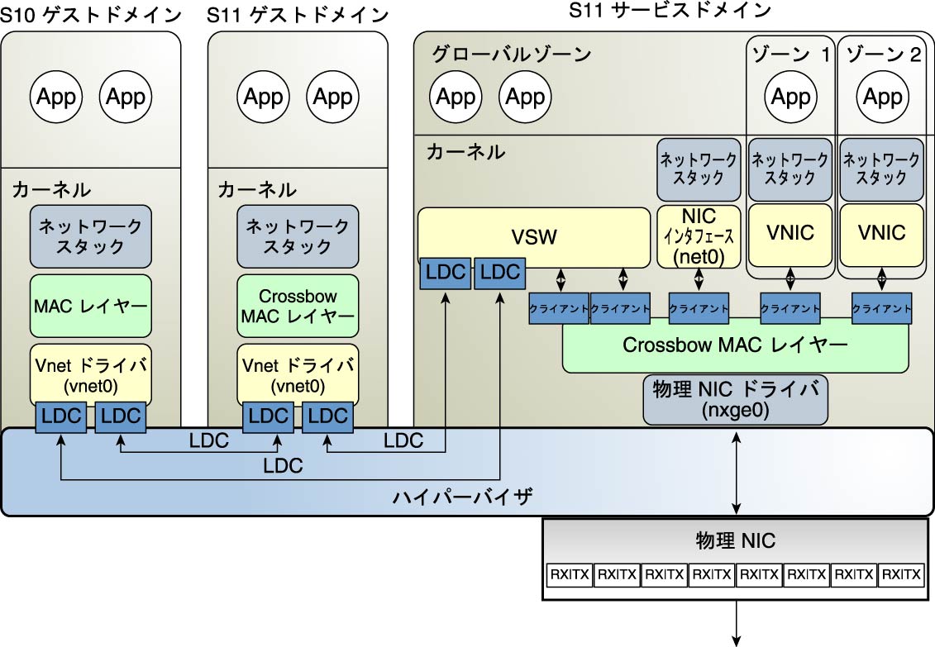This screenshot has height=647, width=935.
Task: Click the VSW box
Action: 534,238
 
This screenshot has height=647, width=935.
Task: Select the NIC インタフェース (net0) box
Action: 699,236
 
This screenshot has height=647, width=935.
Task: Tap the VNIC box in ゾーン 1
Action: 790,233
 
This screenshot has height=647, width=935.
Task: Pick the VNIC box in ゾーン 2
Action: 880,233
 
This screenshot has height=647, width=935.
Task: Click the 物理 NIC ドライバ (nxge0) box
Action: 735,399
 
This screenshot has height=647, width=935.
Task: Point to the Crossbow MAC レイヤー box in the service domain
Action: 735,345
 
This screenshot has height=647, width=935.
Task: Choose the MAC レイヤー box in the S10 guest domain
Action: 90,306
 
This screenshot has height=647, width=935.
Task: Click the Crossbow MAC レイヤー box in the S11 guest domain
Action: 297,306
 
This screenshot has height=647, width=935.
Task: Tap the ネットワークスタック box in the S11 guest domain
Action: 297,235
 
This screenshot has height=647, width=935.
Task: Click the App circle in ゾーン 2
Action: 881,97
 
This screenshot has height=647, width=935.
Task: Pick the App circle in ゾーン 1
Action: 790,97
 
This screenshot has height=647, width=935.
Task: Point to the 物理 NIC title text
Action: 735,541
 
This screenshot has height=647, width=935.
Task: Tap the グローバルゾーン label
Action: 512,55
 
